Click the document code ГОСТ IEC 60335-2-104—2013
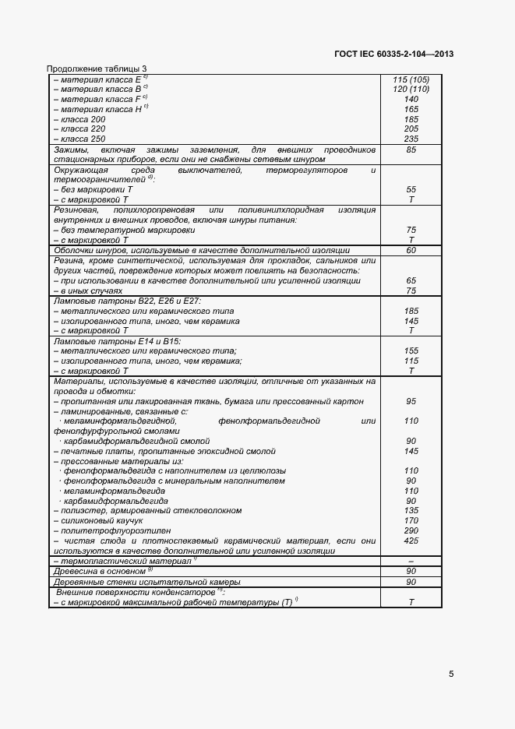click(393, 54)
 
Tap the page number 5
click(452, 674)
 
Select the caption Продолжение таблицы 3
click(97, 69)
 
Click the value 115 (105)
click(411, 79)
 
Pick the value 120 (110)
click(411, 90)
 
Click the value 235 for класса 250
click(411, 139)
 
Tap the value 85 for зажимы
click(411, 150)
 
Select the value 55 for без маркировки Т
click(411, 189)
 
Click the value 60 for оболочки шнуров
click(411, 250)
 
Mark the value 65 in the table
click(411, 280)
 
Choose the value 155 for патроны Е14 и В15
click(411, 351)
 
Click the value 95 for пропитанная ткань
click(411, 401)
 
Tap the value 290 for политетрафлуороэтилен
click(411, 530)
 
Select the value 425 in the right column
click(411, 541)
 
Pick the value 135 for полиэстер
click(411, 511)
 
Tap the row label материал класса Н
click(101, 109)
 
